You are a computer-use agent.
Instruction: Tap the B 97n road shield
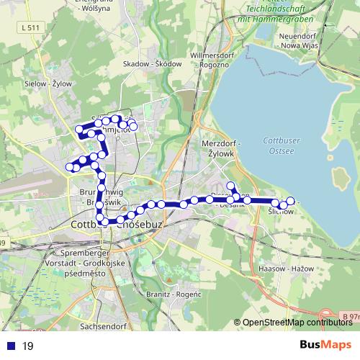point(351,317)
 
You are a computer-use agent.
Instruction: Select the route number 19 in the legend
point(28,346)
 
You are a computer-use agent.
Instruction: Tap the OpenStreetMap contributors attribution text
point(297,323)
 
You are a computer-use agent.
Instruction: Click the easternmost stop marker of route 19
point(291,201)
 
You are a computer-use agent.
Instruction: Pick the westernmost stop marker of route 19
point(70,167)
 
